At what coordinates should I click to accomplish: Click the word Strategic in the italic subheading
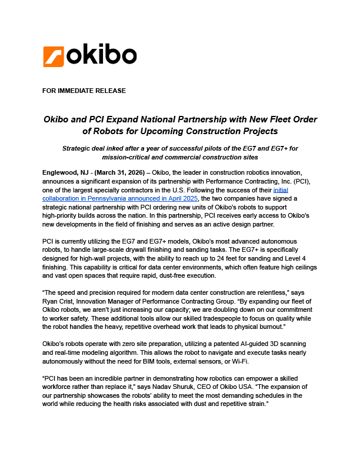tap(79, 148)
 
